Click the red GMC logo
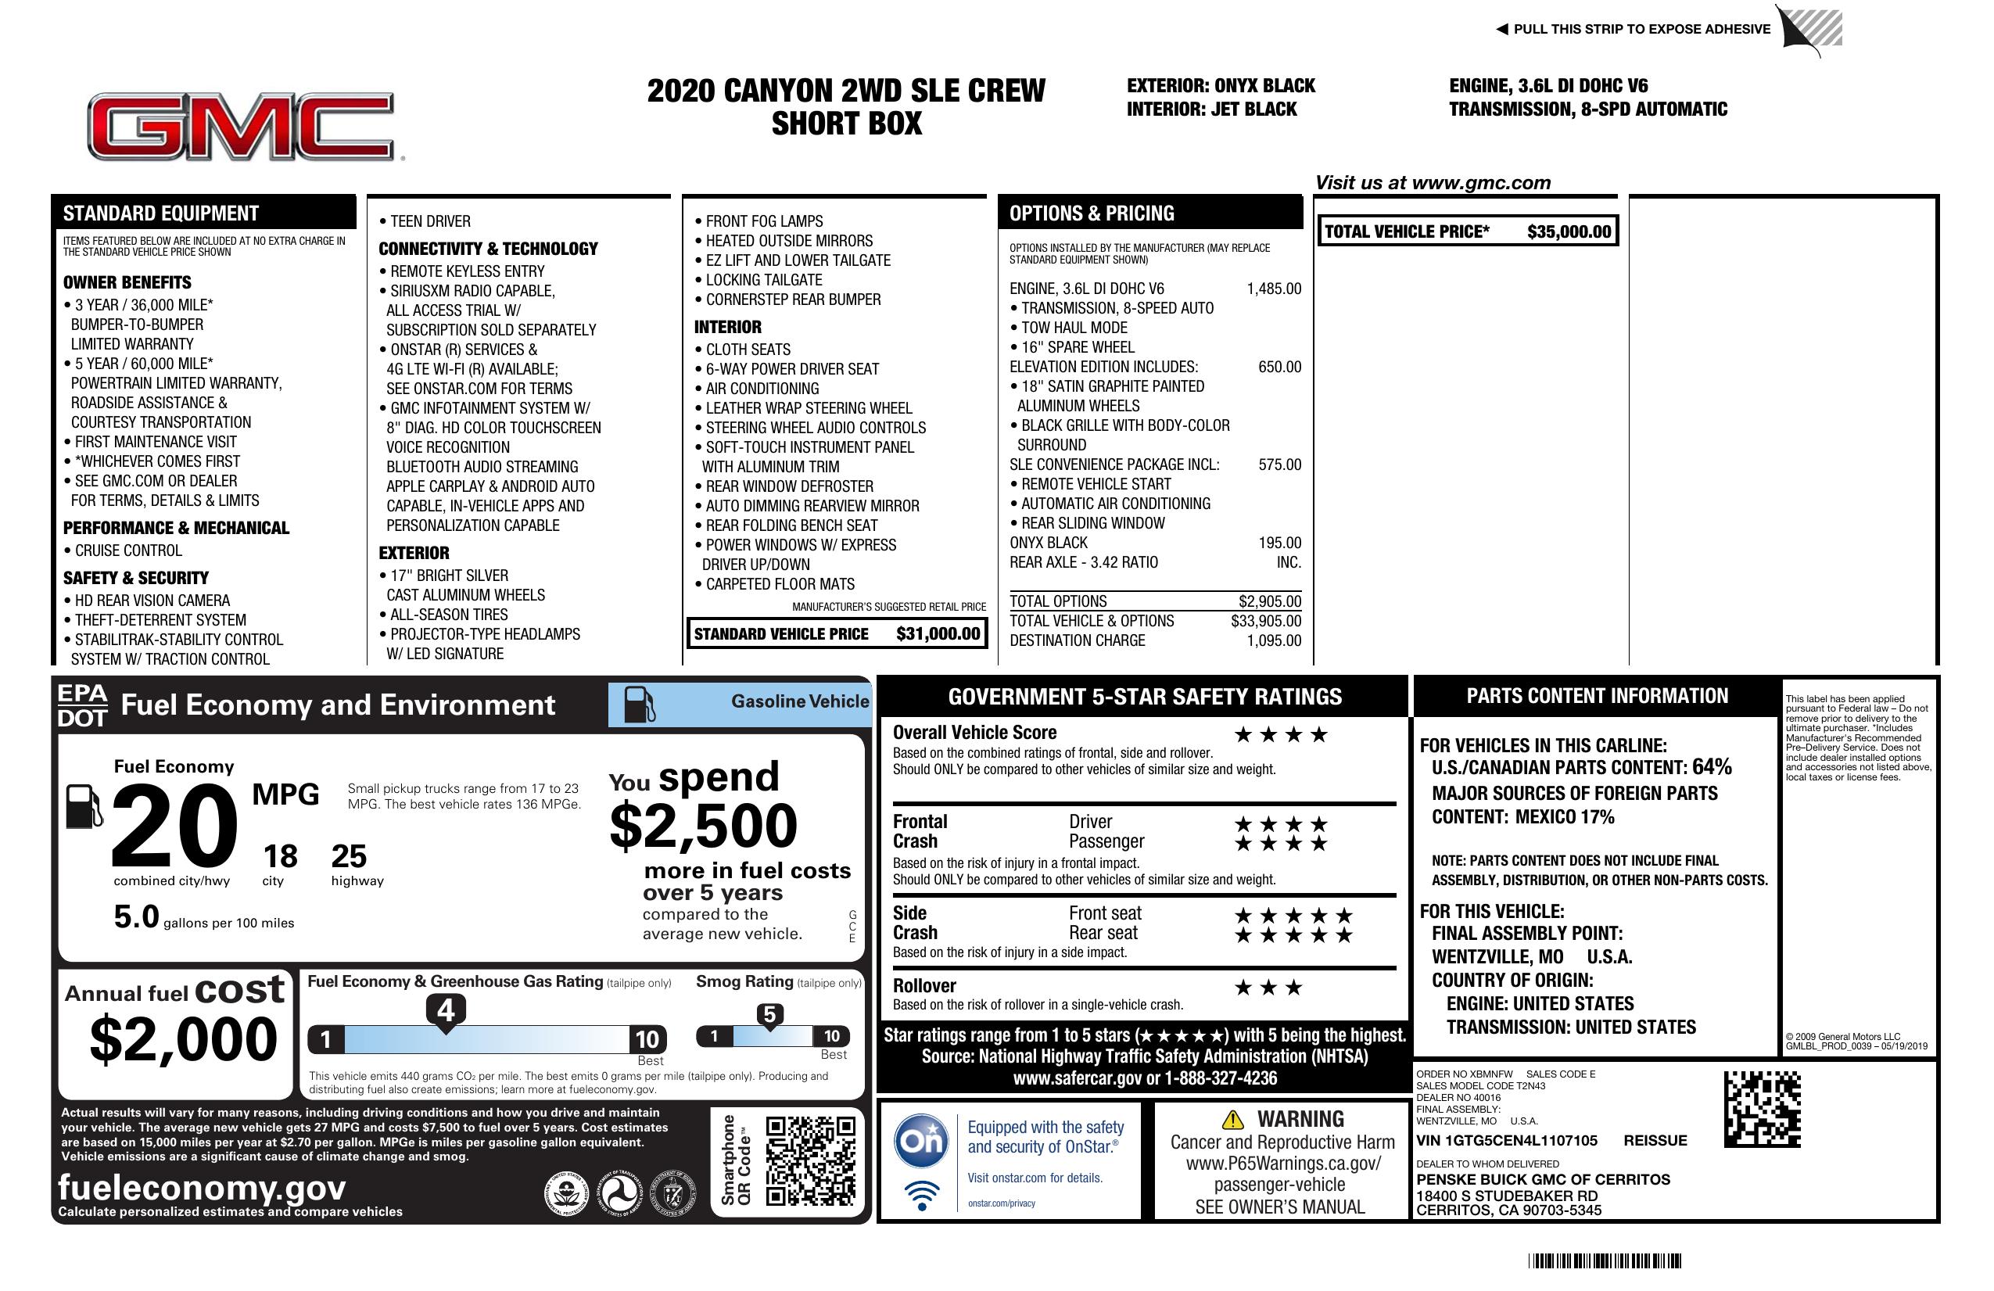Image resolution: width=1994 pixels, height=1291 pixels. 241,126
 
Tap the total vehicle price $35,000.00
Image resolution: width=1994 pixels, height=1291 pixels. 1569,232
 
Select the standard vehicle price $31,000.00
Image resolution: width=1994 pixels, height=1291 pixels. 938,634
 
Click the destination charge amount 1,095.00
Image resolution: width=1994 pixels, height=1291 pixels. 1274,641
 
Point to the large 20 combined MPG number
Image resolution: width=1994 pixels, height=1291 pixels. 174,826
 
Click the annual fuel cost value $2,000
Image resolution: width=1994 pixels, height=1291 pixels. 183,1039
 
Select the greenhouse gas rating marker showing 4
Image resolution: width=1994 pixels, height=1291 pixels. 446,1010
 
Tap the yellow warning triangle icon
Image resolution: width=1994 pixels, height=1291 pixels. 1232,1120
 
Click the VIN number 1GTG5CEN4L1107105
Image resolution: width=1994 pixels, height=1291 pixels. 1506,1141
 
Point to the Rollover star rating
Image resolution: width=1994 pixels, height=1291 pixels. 1268,988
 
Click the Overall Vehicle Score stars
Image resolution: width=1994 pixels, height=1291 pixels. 1280,736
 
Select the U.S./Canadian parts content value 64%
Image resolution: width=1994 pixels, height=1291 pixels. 1711,767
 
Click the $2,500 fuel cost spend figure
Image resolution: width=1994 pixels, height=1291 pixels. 703,827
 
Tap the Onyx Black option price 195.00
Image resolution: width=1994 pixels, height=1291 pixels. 1279,543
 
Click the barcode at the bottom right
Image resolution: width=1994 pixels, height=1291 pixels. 1604,1261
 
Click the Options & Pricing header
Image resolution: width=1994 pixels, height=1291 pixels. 1091,213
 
